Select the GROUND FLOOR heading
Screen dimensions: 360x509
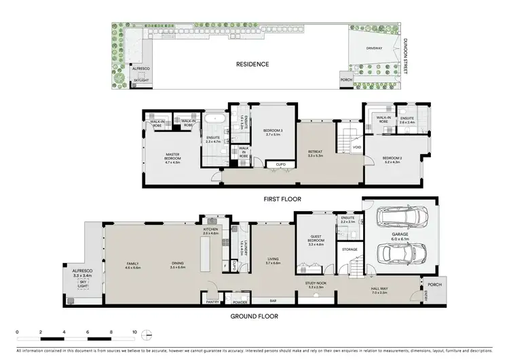pyautogui.click(x=254, y=316)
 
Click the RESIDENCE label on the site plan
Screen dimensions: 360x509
pyautogui.click(x=252, y=65)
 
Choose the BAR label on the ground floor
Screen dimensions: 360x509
pyautogui.click(x=273, y=300)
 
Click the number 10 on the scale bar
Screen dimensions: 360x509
pyautogui.click(x=135, y=332)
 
